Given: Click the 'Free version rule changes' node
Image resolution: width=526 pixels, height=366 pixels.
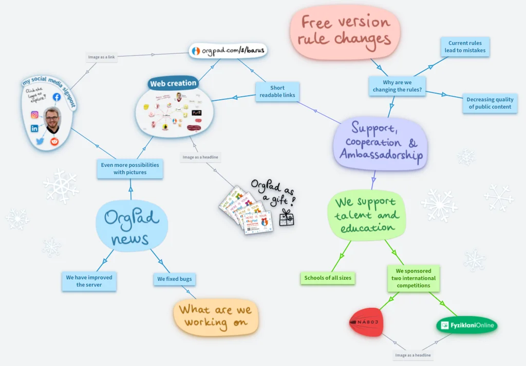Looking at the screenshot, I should tap(345, 30).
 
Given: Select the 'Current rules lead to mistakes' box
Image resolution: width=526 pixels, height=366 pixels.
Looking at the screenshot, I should tap(465, 47).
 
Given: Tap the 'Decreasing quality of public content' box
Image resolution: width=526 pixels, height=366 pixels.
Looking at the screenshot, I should tap(490, 103).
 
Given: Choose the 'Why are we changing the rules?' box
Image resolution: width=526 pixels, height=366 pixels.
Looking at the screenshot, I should tap(397, 86).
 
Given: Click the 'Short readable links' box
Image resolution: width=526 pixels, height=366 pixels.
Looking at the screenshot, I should tap(277, 91).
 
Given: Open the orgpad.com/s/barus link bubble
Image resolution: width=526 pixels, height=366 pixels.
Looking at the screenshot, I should tap(228, 51).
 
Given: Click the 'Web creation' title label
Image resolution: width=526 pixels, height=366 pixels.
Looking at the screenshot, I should tap(173, 83).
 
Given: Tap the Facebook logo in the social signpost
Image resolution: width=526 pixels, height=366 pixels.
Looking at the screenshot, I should tap(57, 97).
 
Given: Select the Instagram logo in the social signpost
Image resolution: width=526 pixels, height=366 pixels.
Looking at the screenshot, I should tap(35, 115).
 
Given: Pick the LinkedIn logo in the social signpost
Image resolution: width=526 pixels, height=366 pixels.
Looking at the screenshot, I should tap(34, 128).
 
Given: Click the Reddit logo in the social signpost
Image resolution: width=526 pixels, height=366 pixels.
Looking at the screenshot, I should tap(54, 142).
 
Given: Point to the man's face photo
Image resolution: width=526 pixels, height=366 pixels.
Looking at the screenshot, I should tap(52, 120).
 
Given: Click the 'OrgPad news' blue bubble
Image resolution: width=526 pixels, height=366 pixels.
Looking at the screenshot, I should tap(131, 226).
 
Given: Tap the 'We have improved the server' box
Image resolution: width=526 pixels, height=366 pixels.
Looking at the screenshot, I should tap(89, 281).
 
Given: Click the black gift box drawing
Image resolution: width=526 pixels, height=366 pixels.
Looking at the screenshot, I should tap(286, 218).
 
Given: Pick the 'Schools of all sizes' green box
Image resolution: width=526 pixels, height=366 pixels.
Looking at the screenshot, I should tap(328, 278).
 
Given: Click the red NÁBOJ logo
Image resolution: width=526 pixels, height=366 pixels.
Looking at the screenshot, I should tap(367, 322).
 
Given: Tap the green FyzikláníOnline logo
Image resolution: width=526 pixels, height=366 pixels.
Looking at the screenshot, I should tap(467, 325).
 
